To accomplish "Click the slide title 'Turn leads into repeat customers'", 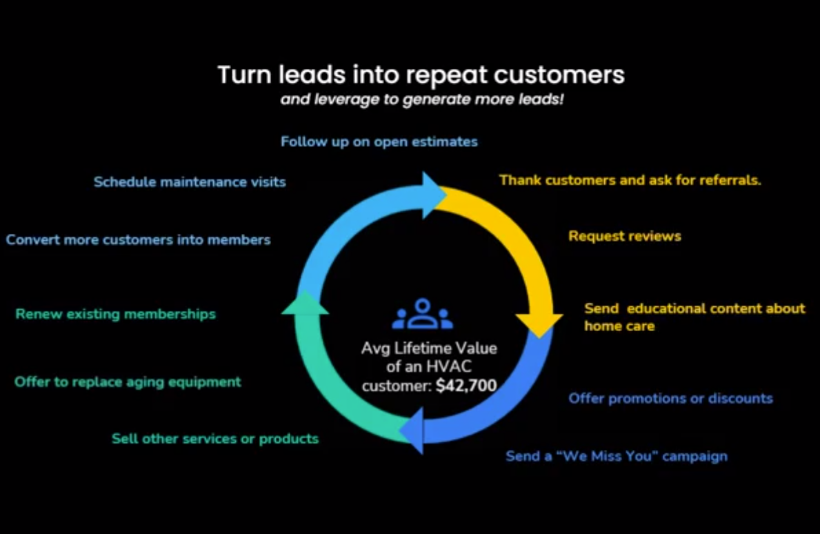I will coord(421,75).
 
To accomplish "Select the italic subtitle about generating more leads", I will coord(422,99).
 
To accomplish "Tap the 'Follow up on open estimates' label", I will coord(379,141).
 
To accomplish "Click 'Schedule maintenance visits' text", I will coord(190,182).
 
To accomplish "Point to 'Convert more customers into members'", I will coord(138,239).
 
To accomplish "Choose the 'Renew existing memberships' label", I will coord(115,314).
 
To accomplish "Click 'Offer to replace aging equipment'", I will coord(128,382).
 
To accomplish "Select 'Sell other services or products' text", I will coord(215,438).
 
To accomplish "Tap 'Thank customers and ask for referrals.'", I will coord(630,180).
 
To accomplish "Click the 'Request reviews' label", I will coord(624,236).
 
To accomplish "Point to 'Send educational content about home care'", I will coord(694,317).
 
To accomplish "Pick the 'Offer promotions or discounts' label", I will coord(670,398).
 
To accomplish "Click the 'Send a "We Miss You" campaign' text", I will coord(616,456).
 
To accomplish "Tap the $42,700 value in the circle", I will coord(466,386).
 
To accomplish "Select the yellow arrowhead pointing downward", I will coord(539,323).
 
